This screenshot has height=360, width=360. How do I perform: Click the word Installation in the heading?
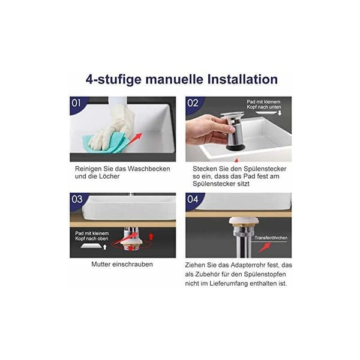pyautogui.click(x=242, y=79)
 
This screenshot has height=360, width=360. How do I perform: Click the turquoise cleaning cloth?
pyautogui.click(x=104, y=143)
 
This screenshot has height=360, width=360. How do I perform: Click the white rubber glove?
pyautogui.click(x=113, y=126)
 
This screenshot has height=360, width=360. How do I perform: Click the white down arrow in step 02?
pyautogui.click(x=280, y=113)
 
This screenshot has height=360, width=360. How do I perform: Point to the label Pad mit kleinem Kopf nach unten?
pyautogui.click(x=264, y=104)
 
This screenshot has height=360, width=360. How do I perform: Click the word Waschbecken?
pyautogui.click(x=149, y=169)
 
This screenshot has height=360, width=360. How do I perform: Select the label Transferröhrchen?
pyautogui.click(x=271, y=238)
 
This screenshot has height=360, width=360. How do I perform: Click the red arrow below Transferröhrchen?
pyautogui.click(x=265, y=247)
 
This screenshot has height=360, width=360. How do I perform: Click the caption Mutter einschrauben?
pyautogui.click(x=122, y=264)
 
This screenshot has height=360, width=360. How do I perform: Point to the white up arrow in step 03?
pyautogui.click(x=105, y=247)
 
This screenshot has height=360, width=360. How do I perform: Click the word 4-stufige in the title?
pyautogui.click(x=113, y=80)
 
